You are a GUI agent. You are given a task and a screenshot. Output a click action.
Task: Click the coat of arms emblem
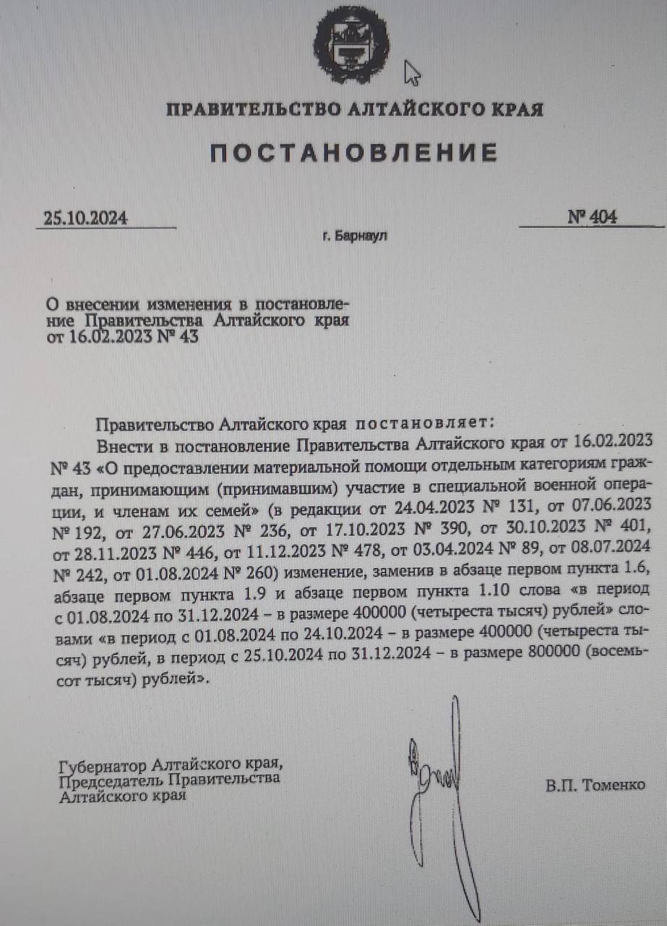(351, 44)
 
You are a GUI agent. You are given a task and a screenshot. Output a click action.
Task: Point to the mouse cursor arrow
(413, 72)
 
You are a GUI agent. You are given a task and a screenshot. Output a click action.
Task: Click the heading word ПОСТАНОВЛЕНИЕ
(354, 153)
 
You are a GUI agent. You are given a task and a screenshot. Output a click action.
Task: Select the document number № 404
(592, 217)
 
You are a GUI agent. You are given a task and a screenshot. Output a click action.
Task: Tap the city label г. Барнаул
(355, 237)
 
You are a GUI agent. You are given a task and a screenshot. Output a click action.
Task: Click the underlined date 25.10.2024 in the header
(85, 218)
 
